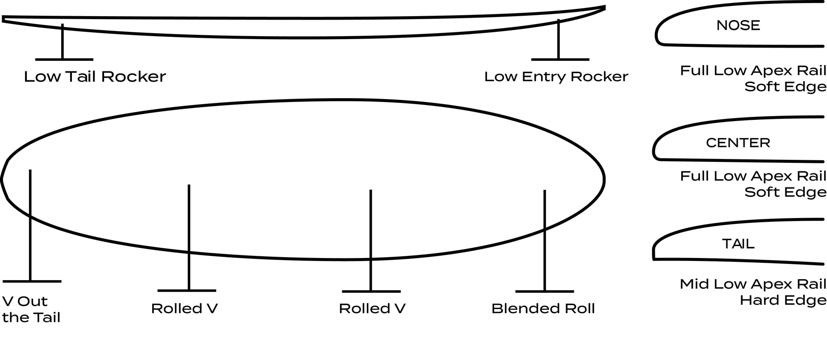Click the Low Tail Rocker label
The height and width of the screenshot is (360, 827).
tap(95, 77)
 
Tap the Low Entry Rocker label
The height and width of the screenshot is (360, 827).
tap(556, 77)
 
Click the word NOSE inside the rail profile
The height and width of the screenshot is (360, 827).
tap(738, 26)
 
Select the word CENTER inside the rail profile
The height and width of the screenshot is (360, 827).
tap(738, 143)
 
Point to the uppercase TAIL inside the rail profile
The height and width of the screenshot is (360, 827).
tap(738, 244)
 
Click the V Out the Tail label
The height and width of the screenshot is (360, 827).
tap(31, 309)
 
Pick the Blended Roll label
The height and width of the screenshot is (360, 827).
tap(543, 309)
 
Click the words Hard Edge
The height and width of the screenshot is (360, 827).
tap(783, 300)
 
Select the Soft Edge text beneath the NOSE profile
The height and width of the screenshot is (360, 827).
tap(785, 87)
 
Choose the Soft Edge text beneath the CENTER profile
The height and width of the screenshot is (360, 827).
tap(785, 192)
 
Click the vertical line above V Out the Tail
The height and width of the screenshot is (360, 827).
tap(30, 225)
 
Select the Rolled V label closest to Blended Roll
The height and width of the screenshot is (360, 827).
tap(372, 309)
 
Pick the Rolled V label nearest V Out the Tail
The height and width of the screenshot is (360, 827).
tap(184, 309)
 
